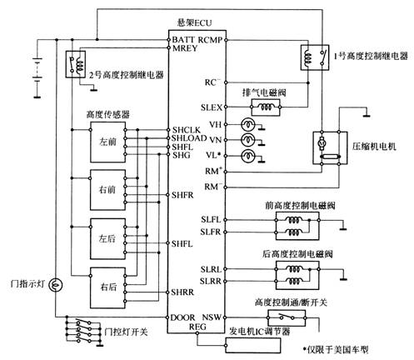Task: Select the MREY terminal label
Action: coord(185,48)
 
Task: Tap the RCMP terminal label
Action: coord(210,40)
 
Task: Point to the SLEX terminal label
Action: coord(212,107)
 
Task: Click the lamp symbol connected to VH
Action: coord(247,124)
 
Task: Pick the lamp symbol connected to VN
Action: coord(247,140)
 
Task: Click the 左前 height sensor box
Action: coord(107,142)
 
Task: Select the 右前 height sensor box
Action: coord(107,190)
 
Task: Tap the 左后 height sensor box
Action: coord(107,239)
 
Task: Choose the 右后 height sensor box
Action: coord(107,287)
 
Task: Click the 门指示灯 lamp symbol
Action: coord(56,285)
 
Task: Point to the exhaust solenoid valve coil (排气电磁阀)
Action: coord(266,107)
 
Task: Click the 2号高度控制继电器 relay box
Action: coord(76,64)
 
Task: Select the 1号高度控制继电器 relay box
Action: coord(315,57)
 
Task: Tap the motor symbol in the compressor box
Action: coord(322,143)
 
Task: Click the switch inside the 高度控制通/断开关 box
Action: coord(287,317)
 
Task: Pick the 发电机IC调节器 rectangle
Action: coord(252,346)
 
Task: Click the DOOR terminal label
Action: coord(182,317)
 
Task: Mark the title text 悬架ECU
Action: coord(194,22)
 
